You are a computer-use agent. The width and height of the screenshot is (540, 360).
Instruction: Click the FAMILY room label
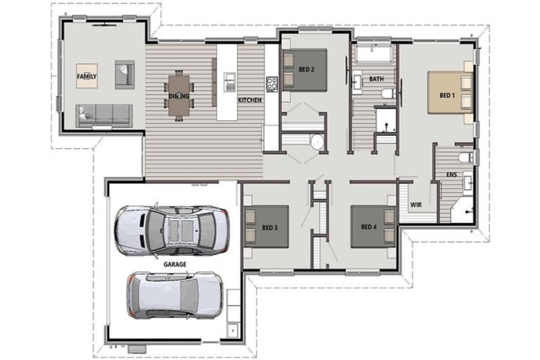click(86, 76)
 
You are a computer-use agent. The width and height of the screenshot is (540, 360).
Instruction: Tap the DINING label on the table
click(179, 96)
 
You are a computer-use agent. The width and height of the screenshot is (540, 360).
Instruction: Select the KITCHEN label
click(250, 101)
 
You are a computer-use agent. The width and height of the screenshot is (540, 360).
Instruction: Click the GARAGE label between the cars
click(175, 264)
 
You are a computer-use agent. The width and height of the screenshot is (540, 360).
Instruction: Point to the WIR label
click(416, 205)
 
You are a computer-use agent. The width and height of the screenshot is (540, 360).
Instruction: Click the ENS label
click(451, 174)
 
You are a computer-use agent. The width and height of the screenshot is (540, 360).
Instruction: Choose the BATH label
click(376, 79)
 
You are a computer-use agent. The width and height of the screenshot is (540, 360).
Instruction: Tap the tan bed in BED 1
click(451, 93)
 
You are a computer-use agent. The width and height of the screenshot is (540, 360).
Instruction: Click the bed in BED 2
click(304, 70)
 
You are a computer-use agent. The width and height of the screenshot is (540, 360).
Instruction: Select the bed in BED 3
click(266, 226)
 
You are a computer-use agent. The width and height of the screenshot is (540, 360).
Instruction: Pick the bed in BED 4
click(373, 226)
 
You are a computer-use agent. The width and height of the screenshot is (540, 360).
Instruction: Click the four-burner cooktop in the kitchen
click(271, 84)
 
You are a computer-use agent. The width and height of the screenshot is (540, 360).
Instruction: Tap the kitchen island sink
click(229, 82)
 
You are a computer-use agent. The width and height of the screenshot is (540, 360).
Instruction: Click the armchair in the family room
click(124, 75)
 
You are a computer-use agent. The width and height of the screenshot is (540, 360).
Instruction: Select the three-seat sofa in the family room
click(104, 116)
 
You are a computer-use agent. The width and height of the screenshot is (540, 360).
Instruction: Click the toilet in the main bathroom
click(389, 94)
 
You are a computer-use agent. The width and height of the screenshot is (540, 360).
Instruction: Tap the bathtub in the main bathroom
click(373, 53)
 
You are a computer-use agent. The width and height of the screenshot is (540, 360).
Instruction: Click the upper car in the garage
click(172, 230)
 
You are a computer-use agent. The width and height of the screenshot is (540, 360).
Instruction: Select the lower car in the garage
click(175, 295)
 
